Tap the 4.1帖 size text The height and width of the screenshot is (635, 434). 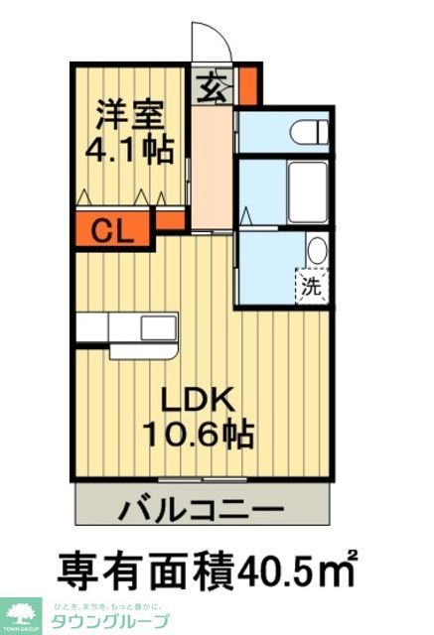click(130, 151)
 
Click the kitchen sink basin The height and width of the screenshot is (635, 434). click(158, 326)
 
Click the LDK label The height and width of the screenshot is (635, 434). click(199, 399)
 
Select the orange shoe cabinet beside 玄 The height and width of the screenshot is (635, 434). click(247, 84)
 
